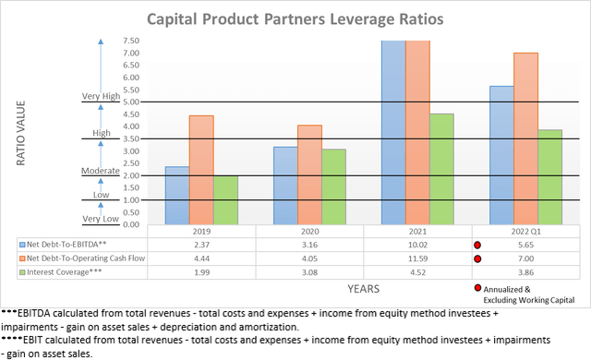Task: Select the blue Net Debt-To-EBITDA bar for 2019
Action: (176, 196)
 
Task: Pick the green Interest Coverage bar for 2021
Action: (441, 169)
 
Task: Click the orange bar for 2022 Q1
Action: (526, 138)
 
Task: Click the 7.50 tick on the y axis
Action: (130, 41)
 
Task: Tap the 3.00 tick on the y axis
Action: (130, 151)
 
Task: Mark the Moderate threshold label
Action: (101, 171)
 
